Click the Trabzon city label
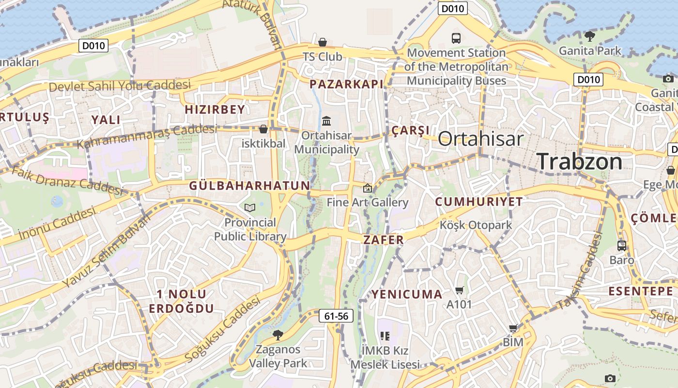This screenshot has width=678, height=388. pyautogui.click(x=580, y=161)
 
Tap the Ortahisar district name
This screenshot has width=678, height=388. pyautogui.click(x=480, y=139)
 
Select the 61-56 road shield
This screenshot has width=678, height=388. pyautogui.click(x=336, y=316)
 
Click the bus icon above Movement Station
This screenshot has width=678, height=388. pyautogui.click(x=456, y=38)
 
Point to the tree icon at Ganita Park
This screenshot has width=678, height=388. pyautogui.click(x=589, y=36)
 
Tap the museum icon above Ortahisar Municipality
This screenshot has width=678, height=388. pyautogui.click(x=326, y=120)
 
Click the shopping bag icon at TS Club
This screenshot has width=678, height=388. pyautogui.click(x=323, y=43)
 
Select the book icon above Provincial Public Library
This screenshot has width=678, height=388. pyautogui.click(x=250, y=208)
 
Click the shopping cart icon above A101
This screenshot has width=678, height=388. pyautogui.click(x=459, y=291)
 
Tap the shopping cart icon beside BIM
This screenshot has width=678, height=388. pyautogui.click(x=513, y=328)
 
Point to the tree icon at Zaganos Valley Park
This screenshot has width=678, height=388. pyautogui.click(x=277, y=335)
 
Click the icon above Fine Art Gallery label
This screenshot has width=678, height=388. pyautogui.click(x=368, y=188)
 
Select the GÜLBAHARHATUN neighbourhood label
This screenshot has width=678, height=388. pyautogui.click(x=249, y=186)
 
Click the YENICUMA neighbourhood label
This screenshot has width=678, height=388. pyautogui.click(x=407, y=294)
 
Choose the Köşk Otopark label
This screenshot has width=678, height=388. pyautogui.click(x=476, y=225)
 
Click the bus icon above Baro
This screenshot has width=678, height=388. pyautogui.click(x=622, y=246)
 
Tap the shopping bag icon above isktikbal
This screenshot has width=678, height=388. pyautogui.click(x=263, y=129)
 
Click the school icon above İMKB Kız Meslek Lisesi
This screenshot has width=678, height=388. pyautogui.click(x=385, y=336)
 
